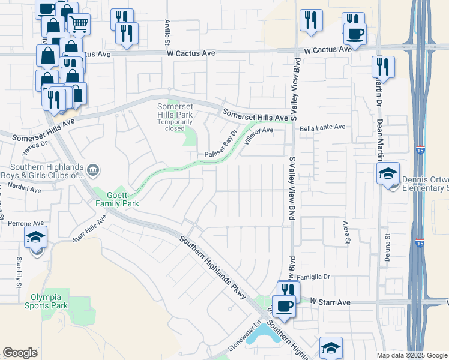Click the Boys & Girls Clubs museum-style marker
click(x=93, y=170)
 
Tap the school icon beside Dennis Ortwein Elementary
click(x=388, y=175)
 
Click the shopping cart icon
click(x=79, y=24)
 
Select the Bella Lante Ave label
click(x=323, y=127)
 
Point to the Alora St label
click(x=346, y=232)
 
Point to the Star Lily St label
click(x=19, y=269)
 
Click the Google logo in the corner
click(x=20, y=353)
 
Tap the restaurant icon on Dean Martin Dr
click(x=382, y=67)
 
